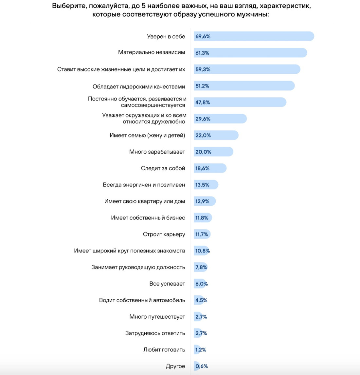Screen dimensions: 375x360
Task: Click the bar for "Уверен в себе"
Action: (254, 36)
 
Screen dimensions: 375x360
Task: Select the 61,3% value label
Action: (202, 53)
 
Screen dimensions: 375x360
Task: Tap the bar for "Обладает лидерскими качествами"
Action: (244, 86)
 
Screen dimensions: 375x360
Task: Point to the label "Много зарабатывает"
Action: (157, 152)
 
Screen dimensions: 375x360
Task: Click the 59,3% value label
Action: (203, 69)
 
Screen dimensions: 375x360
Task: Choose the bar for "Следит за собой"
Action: (210, 168)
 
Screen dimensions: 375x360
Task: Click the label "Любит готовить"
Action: (164, 349)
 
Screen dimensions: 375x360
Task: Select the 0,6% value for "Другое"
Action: (202, 366)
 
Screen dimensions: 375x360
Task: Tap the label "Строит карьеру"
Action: (164, 234)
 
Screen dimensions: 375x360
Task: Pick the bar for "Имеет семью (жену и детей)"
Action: (216, 135)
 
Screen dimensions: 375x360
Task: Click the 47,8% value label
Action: (203, 102)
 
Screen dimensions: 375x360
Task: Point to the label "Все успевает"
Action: (167, 284)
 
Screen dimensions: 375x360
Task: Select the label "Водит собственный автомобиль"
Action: (142, 300)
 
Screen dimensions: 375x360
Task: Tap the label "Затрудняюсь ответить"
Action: (155, 333)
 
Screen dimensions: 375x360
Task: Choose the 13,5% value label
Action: (202, 185)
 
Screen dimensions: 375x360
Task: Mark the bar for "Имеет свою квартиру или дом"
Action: (205, 201)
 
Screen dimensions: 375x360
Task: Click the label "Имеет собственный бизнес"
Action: (148, 218)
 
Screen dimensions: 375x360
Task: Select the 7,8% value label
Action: (201, 267)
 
